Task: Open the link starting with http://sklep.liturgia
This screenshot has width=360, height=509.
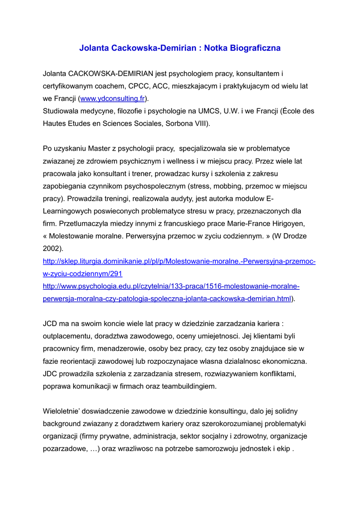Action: [x=179, y=261]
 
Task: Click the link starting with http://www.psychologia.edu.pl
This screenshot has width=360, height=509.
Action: [x=171, y=286]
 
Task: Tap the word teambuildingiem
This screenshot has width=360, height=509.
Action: [x=187, y=386]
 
